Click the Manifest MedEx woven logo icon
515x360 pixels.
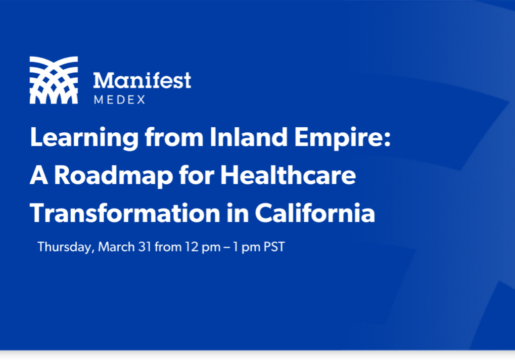point(54,80)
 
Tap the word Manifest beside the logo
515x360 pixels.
point(142,80)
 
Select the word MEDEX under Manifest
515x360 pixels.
point(120,100)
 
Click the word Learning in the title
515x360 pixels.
point(84,137)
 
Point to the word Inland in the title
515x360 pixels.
point(249,137)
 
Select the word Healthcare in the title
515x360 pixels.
point(288,175)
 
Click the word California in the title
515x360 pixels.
point(315,213)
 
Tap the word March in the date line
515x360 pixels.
point(116,246)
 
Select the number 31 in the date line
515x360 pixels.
point(145,247)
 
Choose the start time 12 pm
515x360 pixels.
point(202,247)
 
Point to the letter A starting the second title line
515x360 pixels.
point(39,175)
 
